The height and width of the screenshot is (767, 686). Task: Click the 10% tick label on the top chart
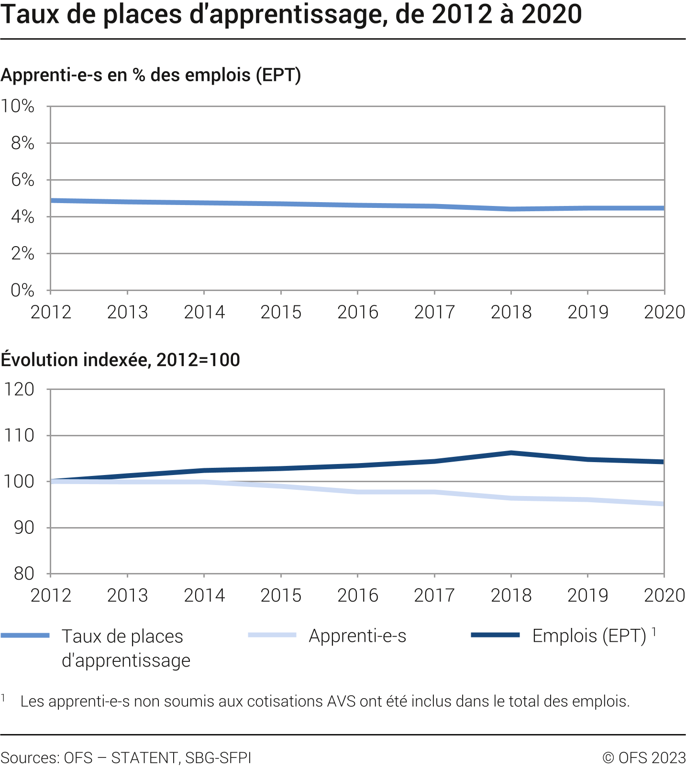pos(18,106)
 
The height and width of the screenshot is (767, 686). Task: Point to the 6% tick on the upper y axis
pos(22,180)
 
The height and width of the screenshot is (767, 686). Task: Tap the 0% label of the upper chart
pos(22,290)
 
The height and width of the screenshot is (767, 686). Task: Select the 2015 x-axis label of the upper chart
pos(281,312)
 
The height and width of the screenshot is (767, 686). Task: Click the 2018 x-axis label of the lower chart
pos(511,595)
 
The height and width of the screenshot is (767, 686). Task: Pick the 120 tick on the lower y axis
pos(19,389)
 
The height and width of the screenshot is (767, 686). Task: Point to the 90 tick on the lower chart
pos(23,528)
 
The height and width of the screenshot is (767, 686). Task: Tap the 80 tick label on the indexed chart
pos(23,573)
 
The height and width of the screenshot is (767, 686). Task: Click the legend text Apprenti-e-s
pos(357,636)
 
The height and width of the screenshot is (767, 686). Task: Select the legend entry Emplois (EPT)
pos(589,636)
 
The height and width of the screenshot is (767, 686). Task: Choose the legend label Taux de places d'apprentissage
pos(126,648)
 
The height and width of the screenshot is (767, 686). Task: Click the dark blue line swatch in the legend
pos(495,635)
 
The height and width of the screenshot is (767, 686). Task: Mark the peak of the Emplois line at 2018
pos(511,453)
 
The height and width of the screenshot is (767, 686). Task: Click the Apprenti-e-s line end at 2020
pos(663,504)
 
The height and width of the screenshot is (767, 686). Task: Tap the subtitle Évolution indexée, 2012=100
pos(120,360)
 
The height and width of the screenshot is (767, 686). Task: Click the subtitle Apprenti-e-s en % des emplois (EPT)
pos(151,75)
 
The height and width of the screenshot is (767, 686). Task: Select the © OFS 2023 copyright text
pos(644,758)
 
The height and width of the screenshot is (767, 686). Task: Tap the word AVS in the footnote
pos(341,702)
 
